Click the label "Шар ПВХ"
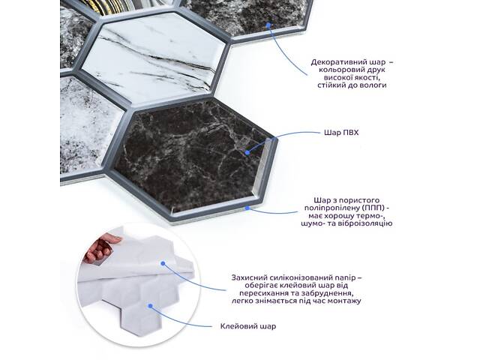341,133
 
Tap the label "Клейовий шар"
248,326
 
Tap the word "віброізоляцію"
364,223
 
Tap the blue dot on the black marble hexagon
247,152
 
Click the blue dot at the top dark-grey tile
268,25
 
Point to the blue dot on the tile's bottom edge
247,208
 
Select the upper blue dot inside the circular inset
163,263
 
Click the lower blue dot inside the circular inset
150,305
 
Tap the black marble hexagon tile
193,159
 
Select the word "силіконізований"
301,278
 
